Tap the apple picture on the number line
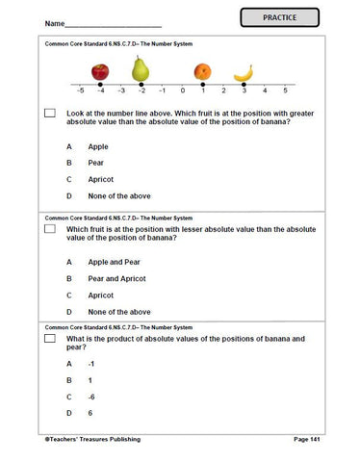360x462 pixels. pos(100,72)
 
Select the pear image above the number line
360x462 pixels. pos(141,68)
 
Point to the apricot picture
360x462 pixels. pos(202,72)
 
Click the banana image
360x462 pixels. pos(244,72)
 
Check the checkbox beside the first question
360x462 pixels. pos(49,114)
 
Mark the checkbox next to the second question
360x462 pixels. pos(49,231)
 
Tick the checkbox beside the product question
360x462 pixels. pos(49,340)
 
